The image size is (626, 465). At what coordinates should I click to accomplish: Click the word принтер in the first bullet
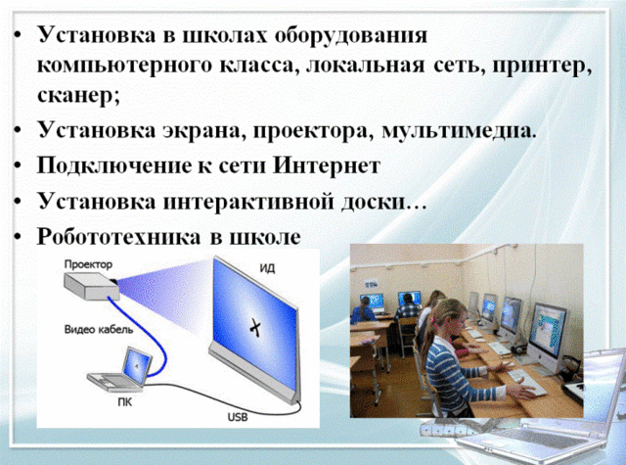point(548,67)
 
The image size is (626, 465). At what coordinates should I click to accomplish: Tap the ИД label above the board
point(267,267)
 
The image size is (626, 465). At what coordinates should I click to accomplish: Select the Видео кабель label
point(99,330)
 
